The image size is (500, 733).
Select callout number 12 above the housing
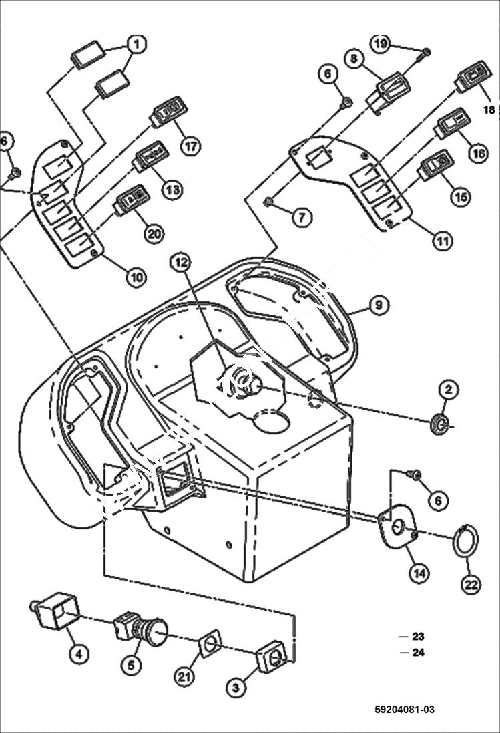pos(181,263)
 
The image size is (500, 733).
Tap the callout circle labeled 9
pos(378,305)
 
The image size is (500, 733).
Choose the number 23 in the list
pos(419,637)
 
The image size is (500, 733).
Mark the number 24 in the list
pos(419,653)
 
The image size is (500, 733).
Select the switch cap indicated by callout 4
pos(56,611)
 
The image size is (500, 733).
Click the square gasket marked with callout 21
pos(209,646)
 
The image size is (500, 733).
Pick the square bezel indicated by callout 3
pos(272,658)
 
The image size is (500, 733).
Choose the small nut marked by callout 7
pos(268,201)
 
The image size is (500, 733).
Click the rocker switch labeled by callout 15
pos(436,165)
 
